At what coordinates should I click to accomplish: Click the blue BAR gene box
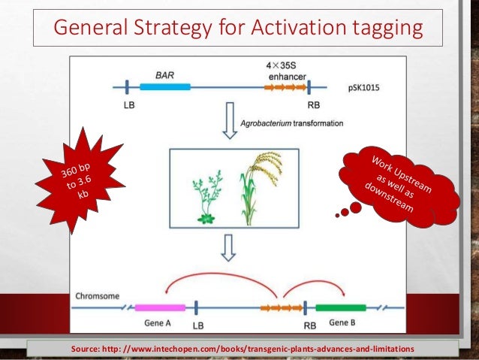click(165, 87)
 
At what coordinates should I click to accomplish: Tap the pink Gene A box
click(160, 307)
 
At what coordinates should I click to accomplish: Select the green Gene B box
click(340, 307)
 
